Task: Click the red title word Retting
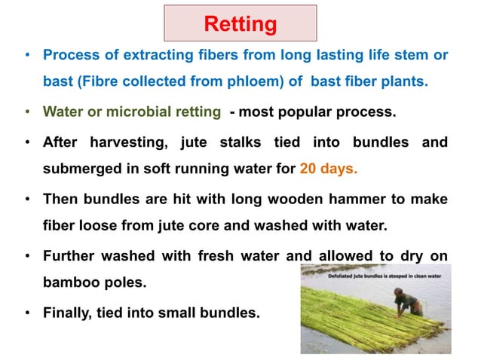tap(240, 24)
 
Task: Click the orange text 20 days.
tap(328, 169)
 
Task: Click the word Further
tap(69, 256)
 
